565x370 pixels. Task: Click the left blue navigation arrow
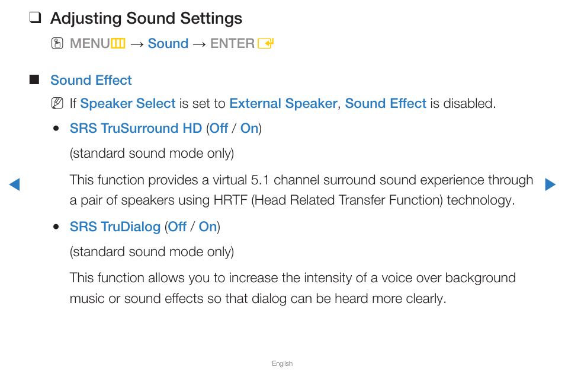(x=14, y=184)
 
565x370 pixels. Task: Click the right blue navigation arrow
(x=550, y=184)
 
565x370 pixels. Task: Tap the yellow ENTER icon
(x=265, y=44)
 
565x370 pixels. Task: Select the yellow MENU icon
(x=118, y=44)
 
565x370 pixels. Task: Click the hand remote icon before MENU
(x=57, y=43)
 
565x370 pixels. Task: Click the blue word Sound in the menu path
(x=168, y=43)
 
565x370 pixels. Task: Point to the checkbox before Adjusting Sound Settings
(x=35, y=17)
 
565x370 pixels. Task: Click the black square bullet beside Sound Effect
(x=34, y=79)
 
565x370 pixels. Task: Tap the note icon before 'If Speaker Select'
(x=57, y=103)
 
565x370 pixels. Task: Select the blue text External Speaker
(x=283, y=104)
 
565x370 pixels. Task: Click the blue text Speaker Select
(x=128, y=104)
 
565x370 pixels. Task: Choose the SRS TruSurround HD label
(x=136, y=128)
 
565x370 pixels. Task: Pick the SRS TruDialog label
(x=115, y=227)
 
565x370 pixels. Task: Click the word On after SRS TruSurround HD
(x=249, y=128)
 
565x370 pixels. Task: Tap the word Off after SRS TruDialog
(x=177, y=227)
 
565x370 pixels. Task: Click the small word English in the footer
(x=282, y=363)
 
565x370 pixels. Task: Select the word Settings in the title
(x=211, y=18)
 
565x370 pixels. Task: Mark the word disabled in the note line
(x=469, y=104)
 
